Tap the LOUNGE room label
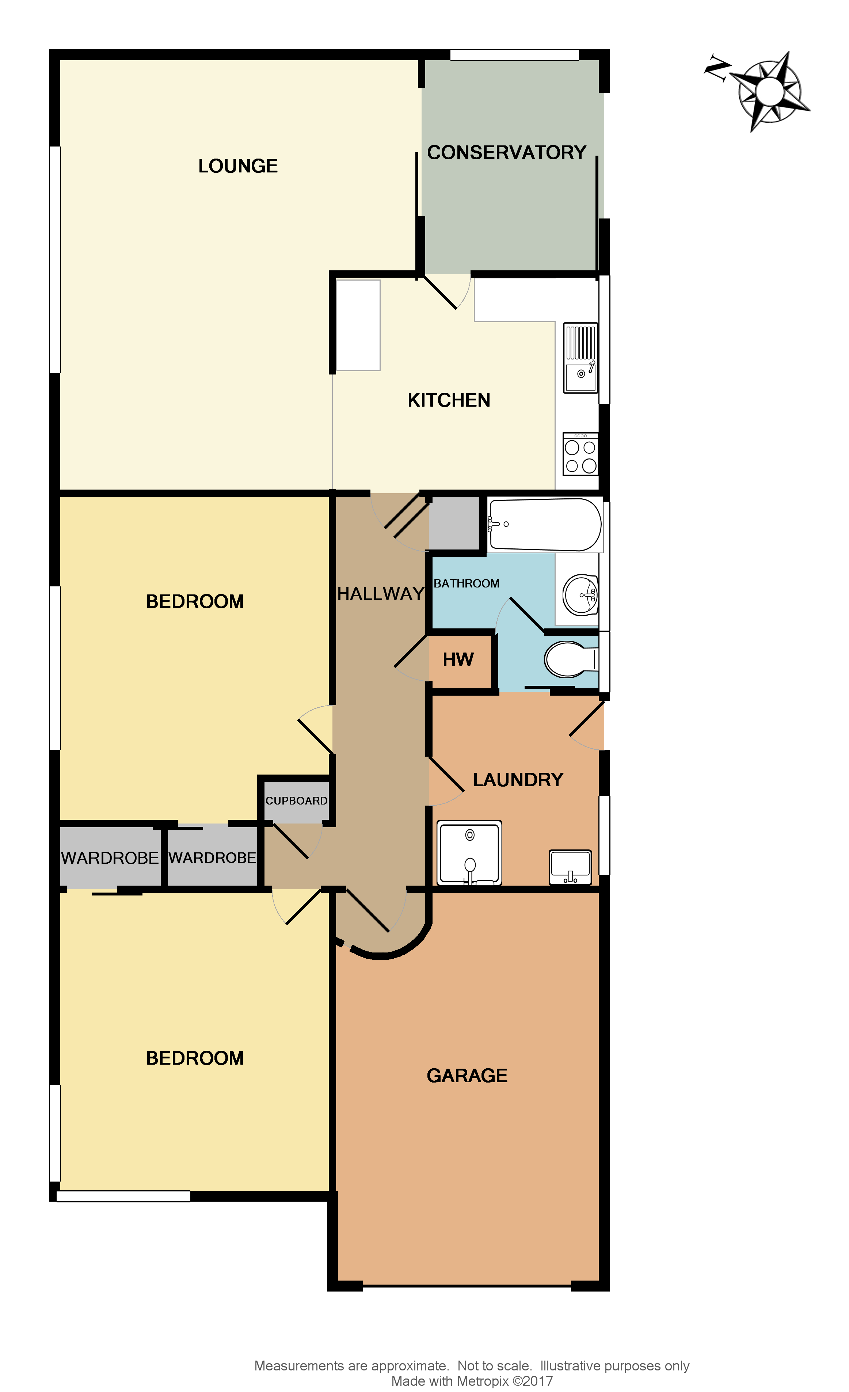[x=238, y=166]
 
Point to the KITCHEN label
[x=449, y=400]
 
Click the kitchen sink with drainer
[x=580, y=358]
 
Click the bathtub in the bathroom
[x=545, y=524]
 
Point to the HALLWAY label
[x=380, y=594]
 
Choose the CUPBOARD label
[x=296, y=801]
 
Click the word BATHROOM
[x=466, y=583]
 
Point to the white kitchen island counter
[x=358, y=326]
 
